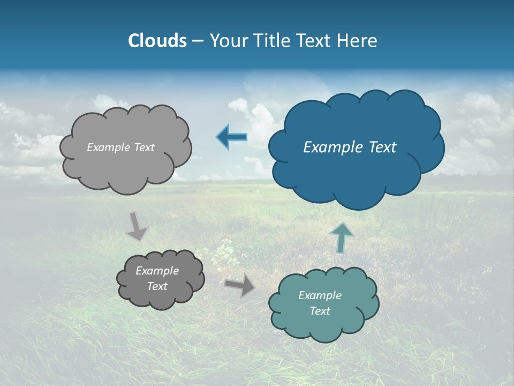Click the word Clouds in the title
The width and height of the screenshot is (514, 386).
(157, 41)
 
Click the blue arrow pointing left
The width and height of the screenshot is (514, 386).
(232, 137)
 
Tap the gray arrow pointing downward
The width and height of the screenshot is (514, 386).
(137, 226)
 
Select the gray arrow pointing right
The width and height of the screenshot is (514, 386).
(240, 285)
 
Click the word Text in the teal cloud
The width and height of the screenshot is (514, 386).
(320, 311)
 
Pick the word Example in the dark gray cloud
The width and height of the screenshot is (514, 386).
(157, 271)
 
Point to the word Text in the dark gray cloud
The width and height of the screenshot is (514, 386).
(157, 286)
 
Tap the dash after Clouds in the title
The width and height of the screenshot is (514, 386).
(198, 41)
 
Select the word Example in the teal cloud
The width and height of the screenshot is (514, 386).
(320, 295)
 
